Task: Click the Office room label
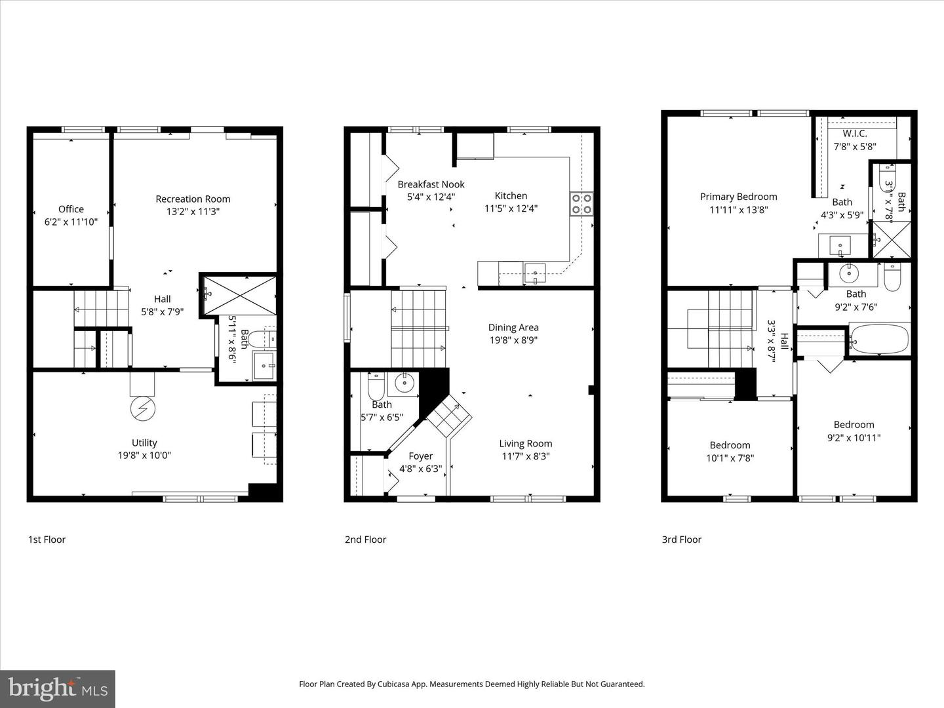pos(71,209)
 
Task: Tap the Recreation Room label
pos(193,199)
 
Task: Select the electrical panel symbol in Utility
pos(143,409)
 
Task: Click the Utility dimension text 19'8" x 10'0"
pos(144,456)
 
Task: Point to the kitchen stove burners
pos(581,203)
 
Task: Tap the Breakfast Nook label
pos(431,184)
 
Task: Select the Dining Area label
pos(513,327)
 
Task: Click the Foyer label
pos(420,456)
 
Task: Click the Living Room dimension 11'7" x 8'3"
pos(526,456)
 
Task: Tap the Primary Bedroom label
pos(738,197)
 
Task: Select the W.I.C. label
pos(855,134)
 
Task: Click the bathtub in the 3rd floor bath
pos(878,339)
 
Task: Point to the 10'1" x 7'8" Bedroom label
pos(730,445)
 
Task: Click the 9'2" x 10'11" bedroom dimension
pos(854,438)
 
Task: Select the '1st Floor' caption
pos(47,540)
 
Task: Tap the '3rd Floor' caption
pos(681,540)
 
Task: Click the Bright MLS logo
pos(58,688)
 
